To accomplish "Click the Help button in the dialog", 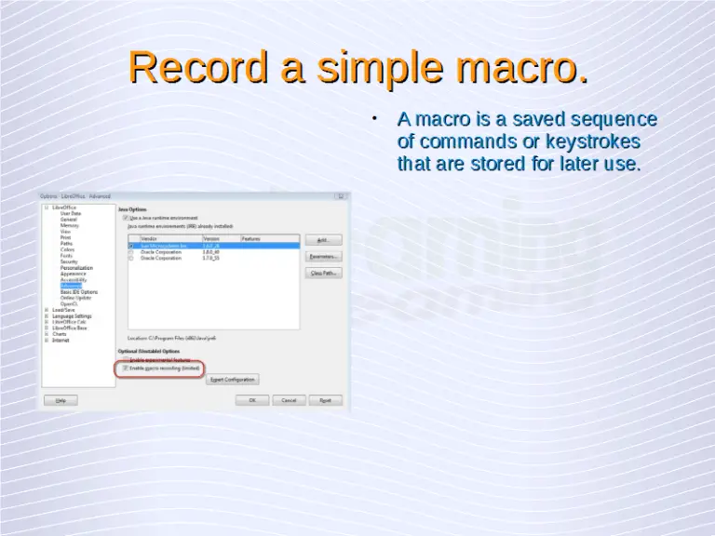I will [61, 400].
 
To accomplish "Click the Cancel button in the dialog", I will [290, 400].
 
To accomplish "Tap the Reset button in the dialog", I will [325, 400].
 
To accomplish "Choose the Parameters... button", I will [324, 256].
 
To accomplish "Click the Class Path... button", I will [324, 273].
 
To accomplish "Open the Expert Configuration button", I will [232, 380].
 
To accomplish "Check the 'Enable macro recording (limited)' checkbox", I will [126, 368].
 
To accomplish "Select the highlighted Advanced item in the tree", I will [72, 286].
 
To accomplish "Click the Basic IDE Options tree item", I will [79, 292].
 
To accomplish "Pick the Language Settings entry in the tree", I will [73, 316].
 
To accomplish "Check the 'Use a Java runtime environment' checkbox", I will [126, 218].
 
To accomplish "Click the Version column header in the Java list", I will [211, 239].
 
